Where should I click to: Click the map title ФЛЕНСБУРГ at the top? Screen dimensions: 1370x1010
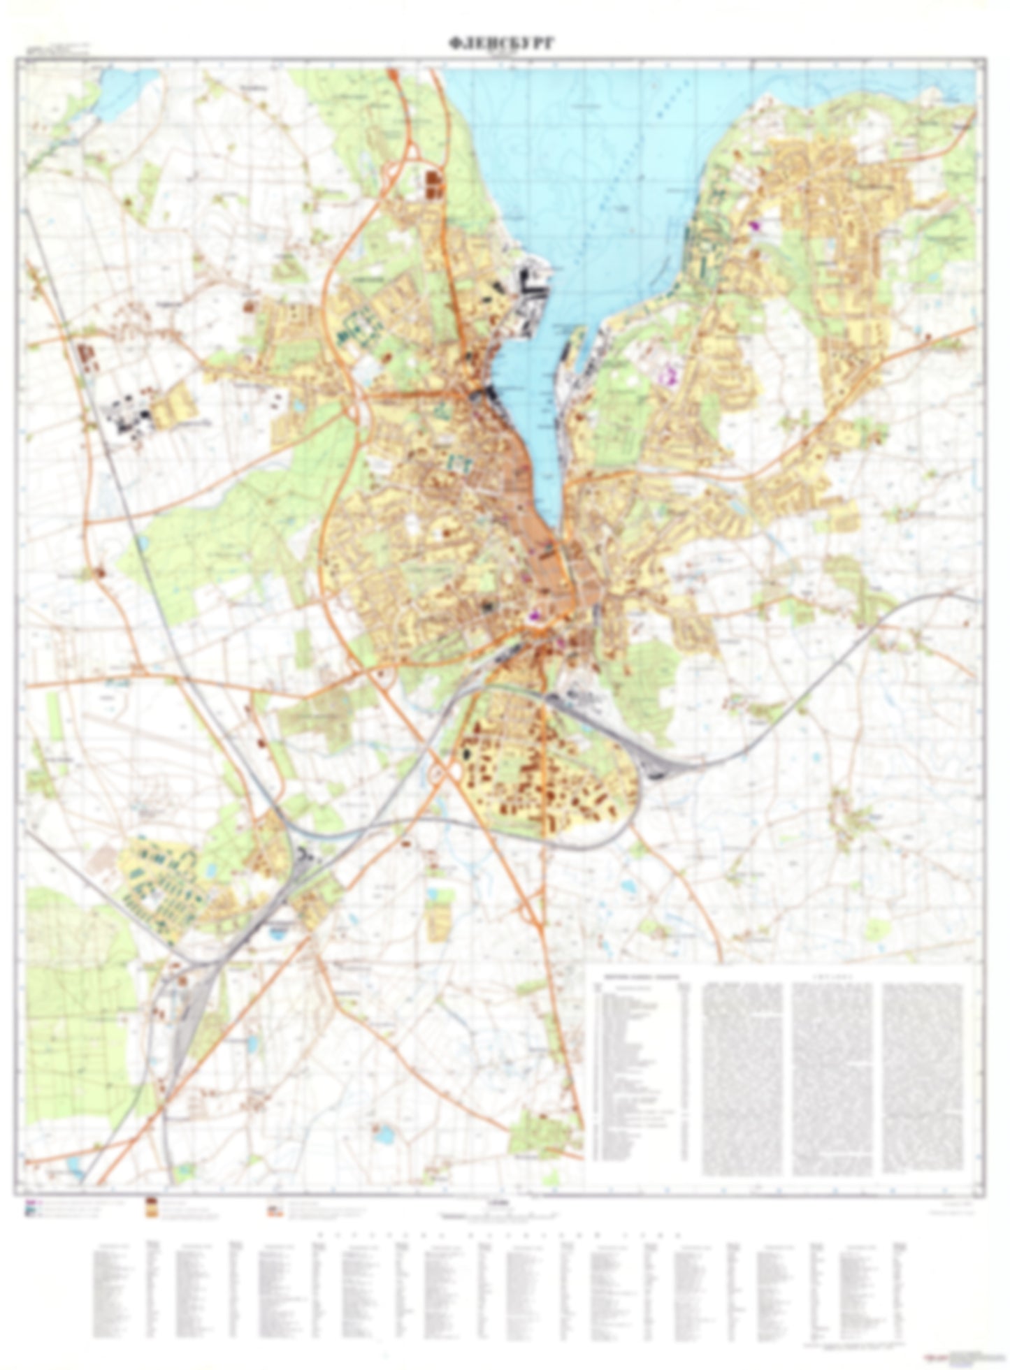[502, 44]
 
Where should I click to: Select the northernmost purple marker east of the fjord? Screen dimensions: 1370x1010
[754, 226]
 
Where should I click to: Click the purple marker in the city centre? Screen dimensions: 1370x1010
[535, 615]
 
